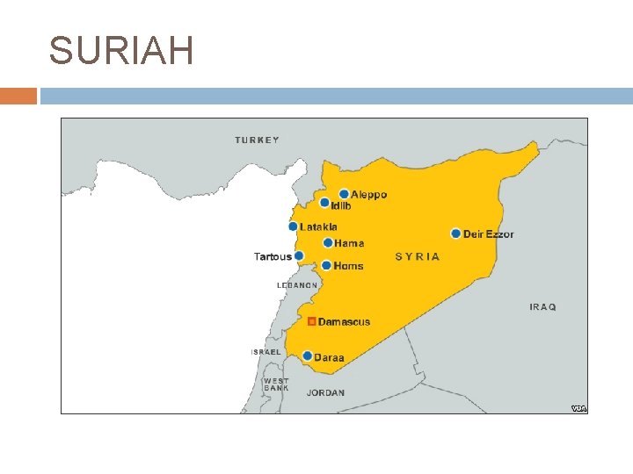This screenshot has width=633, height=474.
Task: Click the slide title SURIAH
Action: pos(121,51)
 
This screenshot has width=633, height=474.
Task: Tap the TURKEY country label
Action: pos(257,140)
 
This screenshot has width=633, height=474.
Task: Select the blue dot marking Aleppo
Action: pos(344,194)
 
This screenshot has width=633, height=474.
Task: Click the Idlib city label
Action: pos(341,206)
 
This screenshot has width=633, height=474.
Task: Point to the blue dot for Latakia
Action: pos(293,226)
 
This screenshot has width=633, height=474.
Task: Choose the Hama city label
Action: pos(349,243)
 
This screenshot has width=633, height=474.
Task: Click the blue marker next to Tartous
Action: pos(299,256)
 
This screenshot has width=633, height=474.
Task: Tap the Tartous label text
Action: pos(272,257)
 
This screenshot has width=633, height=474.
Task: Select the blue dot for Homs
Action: pos(326,265)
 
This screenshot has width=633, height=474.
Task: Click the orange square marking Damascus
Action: pos(311,321)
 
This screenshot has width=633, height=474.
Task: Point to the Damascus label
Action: pos(344,322)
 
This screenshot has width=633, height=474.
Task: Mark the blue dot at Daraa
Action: pos(307,355)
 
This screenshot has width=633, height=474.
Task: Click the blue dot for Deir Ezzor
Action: pos(455,233)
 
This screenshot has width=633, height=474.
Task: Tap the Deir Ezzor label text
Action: pos(489,234)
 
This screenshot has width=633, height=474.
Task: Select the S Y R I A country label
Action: pos(418,257)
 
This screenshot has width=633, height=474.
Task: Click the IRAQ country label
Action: pos(542,307)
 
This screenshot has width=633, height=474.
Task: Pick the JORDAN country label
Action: pos(326,393)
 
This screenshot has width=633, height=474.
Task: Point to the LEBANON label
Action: pos(297,285)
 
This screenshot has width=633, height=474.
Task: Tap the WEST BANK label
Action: pos(276,384)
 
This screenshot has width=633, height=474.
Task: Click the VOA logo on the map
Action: pos(578,408)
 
